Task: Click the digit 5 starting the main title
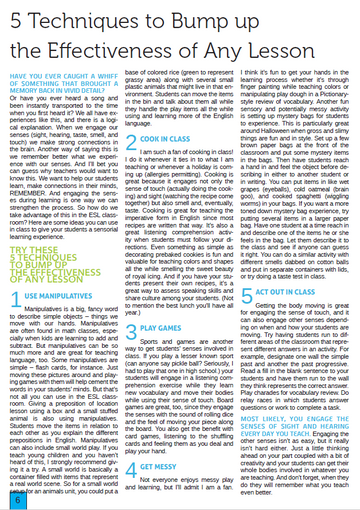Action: tap(17, 19)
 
